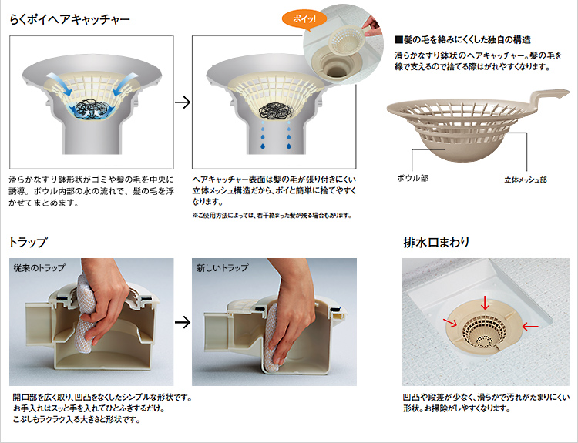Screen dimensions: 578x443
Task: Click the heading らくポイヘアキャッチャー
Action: coord(69,19)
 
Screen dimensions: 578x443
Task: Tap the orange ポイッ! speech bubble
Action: coord(304,19)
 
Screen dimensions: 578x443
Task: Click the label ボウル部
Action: coord(412,179)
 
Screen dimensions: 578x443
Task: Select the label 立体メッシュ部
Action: coord(526,180)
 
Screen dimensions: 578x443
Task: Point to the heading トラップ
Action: coord(29,242)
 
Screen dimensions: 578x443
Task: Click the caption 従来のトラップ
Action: coord(39,267)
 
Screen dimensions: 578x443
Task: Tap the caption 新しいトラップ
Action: coord(222,267)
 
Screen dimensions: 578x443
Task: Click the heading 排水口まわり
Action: coord(436,242)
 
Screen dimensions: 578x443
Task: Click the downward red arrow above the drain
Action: coord(485,303)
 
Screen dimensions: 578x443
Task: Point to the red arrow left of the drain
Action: coord(451,323)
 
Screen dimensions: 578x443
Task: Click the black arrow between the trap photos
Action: coord(183,323)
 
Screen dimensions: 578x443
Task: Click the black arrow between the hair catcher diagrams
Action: coord(183,102)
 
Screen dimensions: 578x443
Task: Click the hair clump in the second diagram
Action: coord(276,109)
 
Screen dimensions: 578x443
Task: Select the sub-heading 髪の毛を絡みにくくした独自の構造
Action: coord(462,40)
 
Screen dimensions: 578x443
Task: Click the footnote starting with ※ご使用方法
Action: coord(272,216)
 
